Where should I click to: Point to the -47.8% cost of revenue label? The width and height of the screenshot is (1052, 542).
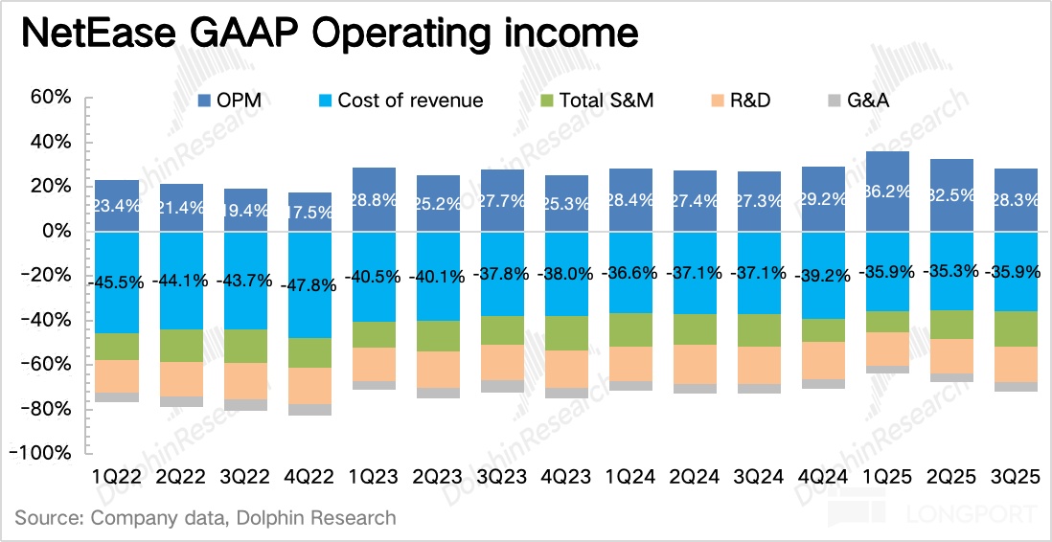309,285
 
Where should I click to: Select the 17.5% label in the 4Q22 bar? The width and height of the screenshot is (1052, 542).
309,213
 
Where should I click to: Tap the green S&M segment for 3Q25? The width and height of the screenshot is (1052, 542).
1016,328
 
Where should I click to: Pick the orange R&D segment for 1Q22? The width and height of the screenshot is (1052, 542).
117,376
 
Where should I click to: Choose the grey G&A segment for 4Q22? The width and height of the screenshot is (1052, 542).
309,410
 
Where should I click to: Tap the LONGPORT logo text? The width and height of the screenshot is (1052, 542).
986,514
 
